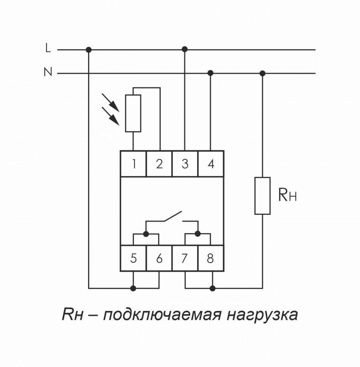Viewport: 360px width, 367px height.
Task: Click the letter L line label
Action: (x=48, y=48)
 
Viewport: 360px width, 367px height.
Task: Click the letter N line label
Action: (x=48, y=72)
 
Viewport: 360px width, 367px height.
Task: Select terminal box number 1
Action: (x=133, y=164)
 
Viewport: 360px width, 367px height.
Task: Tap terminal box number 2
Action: (x=159, y=164)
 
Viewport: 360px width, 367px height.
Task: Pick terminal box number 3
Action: (x=185, y=164)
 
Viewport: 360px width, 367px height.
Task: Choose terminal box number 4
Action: (x=211, y=164)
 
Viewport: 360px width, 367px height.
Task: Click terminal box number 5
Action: (x=133, y=258)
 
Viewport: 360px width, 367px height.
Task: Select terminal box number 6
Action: (x=159, y=258)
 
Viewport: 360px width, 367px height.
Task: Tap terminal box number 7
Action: (x=185, y=258)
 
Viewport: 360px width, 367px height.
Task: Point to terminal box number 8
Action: (x=211, y=258)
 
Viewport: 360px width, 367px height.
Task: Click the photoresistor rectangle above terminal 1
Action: (x=133, y=113)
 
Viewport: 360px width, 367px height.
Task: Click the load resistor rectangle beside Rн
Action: (x=262, y=195)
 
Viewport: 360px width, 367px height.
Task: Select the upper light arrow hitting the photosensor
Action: (x=111, y=103)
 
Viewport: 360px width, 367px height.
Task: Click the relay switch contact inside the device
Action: (x=172, y=218)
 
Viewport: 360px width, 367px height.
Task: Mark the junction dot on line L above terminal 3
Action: (x=185, y=49)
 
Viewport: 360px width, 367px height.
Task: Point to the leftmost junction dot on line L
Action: (x=89, y=50)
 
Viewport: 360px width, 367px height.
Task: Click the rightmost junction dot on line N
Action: (x=262, y=73)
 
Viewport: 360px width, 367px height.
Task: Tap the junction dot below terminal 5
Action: (x=133, y=288)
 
